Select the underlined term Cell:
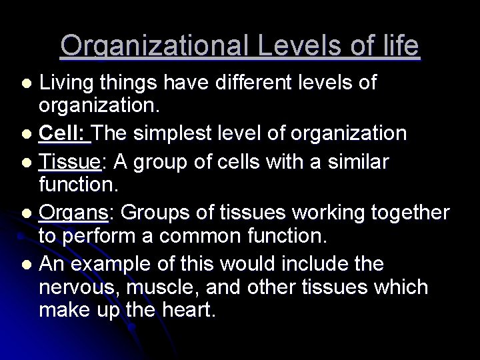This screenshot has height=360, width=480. pos(64,133)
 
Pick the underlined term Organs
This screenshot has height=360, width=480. pos(73,213)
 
